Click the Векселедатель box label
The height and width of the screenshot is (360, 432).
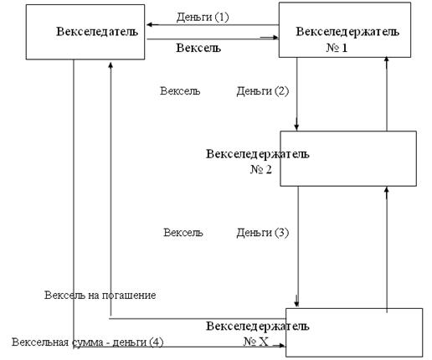pyautogui.click(x=97, y=31)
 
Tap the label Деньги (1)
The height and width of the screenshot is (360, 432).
pyautogui.click(x=203, y=18)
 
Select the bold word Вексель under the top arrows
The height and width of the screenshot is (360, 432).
pyautogui.click(x=198, y=48)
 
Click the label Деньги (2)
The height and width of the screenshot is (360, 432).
pyautogui.click(x=262, y=91)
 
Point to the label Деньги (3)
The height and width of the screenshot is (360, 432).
pyautogui.click(x=262, y=233)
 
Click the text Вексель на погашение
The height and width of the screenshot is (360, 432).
pyautogui.click(x=100, y=295)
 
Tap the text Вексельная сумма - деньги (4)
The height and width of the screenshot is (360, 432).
pyautogui.click(x=87, y=342)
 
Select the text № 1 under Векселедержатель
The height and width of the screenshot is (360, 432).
pyautogui.click(x=337, y=48)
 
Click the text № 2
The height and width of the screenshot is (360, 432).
pyautogui.click(x=260, y=169)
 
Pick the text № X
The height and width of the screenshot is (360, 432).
pyautogui.click(x=255, y=342)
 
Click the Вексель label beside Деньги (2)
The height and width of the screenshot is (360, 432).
pyautogui.click(x=180, y=91)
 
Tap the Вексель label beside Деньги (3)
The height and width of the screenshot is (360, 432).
pyautogui.click(x=183, y=233)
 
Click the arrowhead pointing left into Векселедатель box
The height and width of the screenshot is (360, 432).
pyautogui.click(x=150, y=25)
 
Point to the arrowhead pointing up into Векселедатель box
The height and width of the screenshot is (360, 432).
pyautogui.click(x=111, y=65)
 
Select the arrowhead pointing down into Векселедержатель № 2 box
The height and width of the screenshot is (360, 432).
pyautogui.click(x=296, y=127)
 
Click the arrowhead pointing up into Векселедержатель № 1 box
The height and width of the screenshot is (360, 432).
pyautogui.click(x=387, y=59)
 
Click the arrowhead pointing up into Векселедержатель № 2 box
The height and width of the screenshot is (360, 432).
pyautogui.click(x=387, y=190)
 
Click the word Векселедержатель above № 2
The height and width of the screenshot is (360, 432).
pyautogui.click(x=258, y=154)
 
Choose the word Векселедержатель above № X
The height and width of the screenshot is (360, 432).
pyautogui.click(x=258, y=326)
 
